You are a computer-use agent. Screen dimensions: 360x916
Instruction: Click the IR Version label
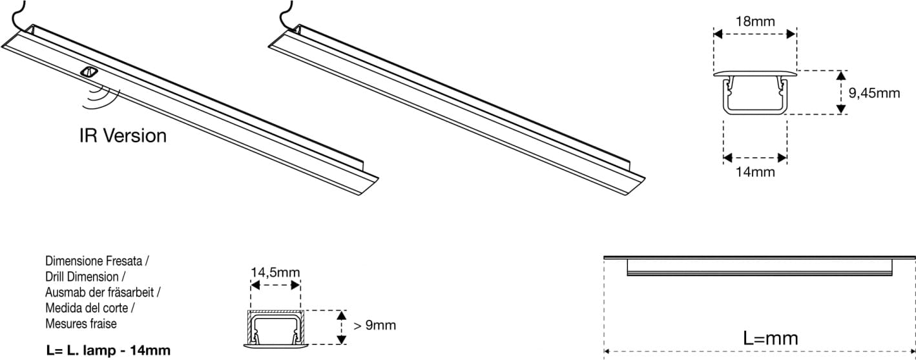[x=123, y=136]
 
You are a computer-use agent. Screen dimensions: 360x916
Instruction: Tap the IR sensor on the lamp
[x=88, y=72]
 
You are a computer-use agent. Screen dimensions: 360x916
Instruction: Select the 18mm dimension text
[x=755, y=22]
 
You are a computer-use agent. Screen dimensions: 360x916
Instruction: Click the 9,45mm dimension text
[x=873, y=93]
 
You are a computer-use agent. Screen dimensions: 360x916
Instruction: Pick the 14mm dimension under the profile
[x=755, y=172]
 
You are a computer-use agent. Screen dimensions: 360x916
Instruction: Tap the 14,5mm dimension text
[x=275, y=272]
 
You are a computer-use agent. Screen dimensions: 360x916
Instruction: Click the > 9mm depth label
[x=375, y=325]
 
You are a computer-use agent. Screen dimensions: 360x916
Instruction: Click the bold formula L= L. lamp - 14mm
[x=109, y=351]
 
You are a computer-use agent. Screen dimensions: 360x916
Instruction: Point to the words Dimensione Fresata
[x=98, y=262]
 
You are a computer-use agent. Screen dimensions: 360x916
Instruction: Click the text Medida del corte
[x=93, y=308]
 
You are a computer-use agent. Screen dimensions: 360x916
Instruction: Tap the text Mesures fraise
[x=81, y=323]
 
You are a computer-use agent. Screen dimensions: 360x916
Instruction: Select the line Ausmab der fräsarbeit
[x=103, y=292]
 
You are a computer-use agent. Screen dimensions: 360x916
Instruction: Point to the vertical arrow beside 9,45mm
[x=840, y=92]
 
